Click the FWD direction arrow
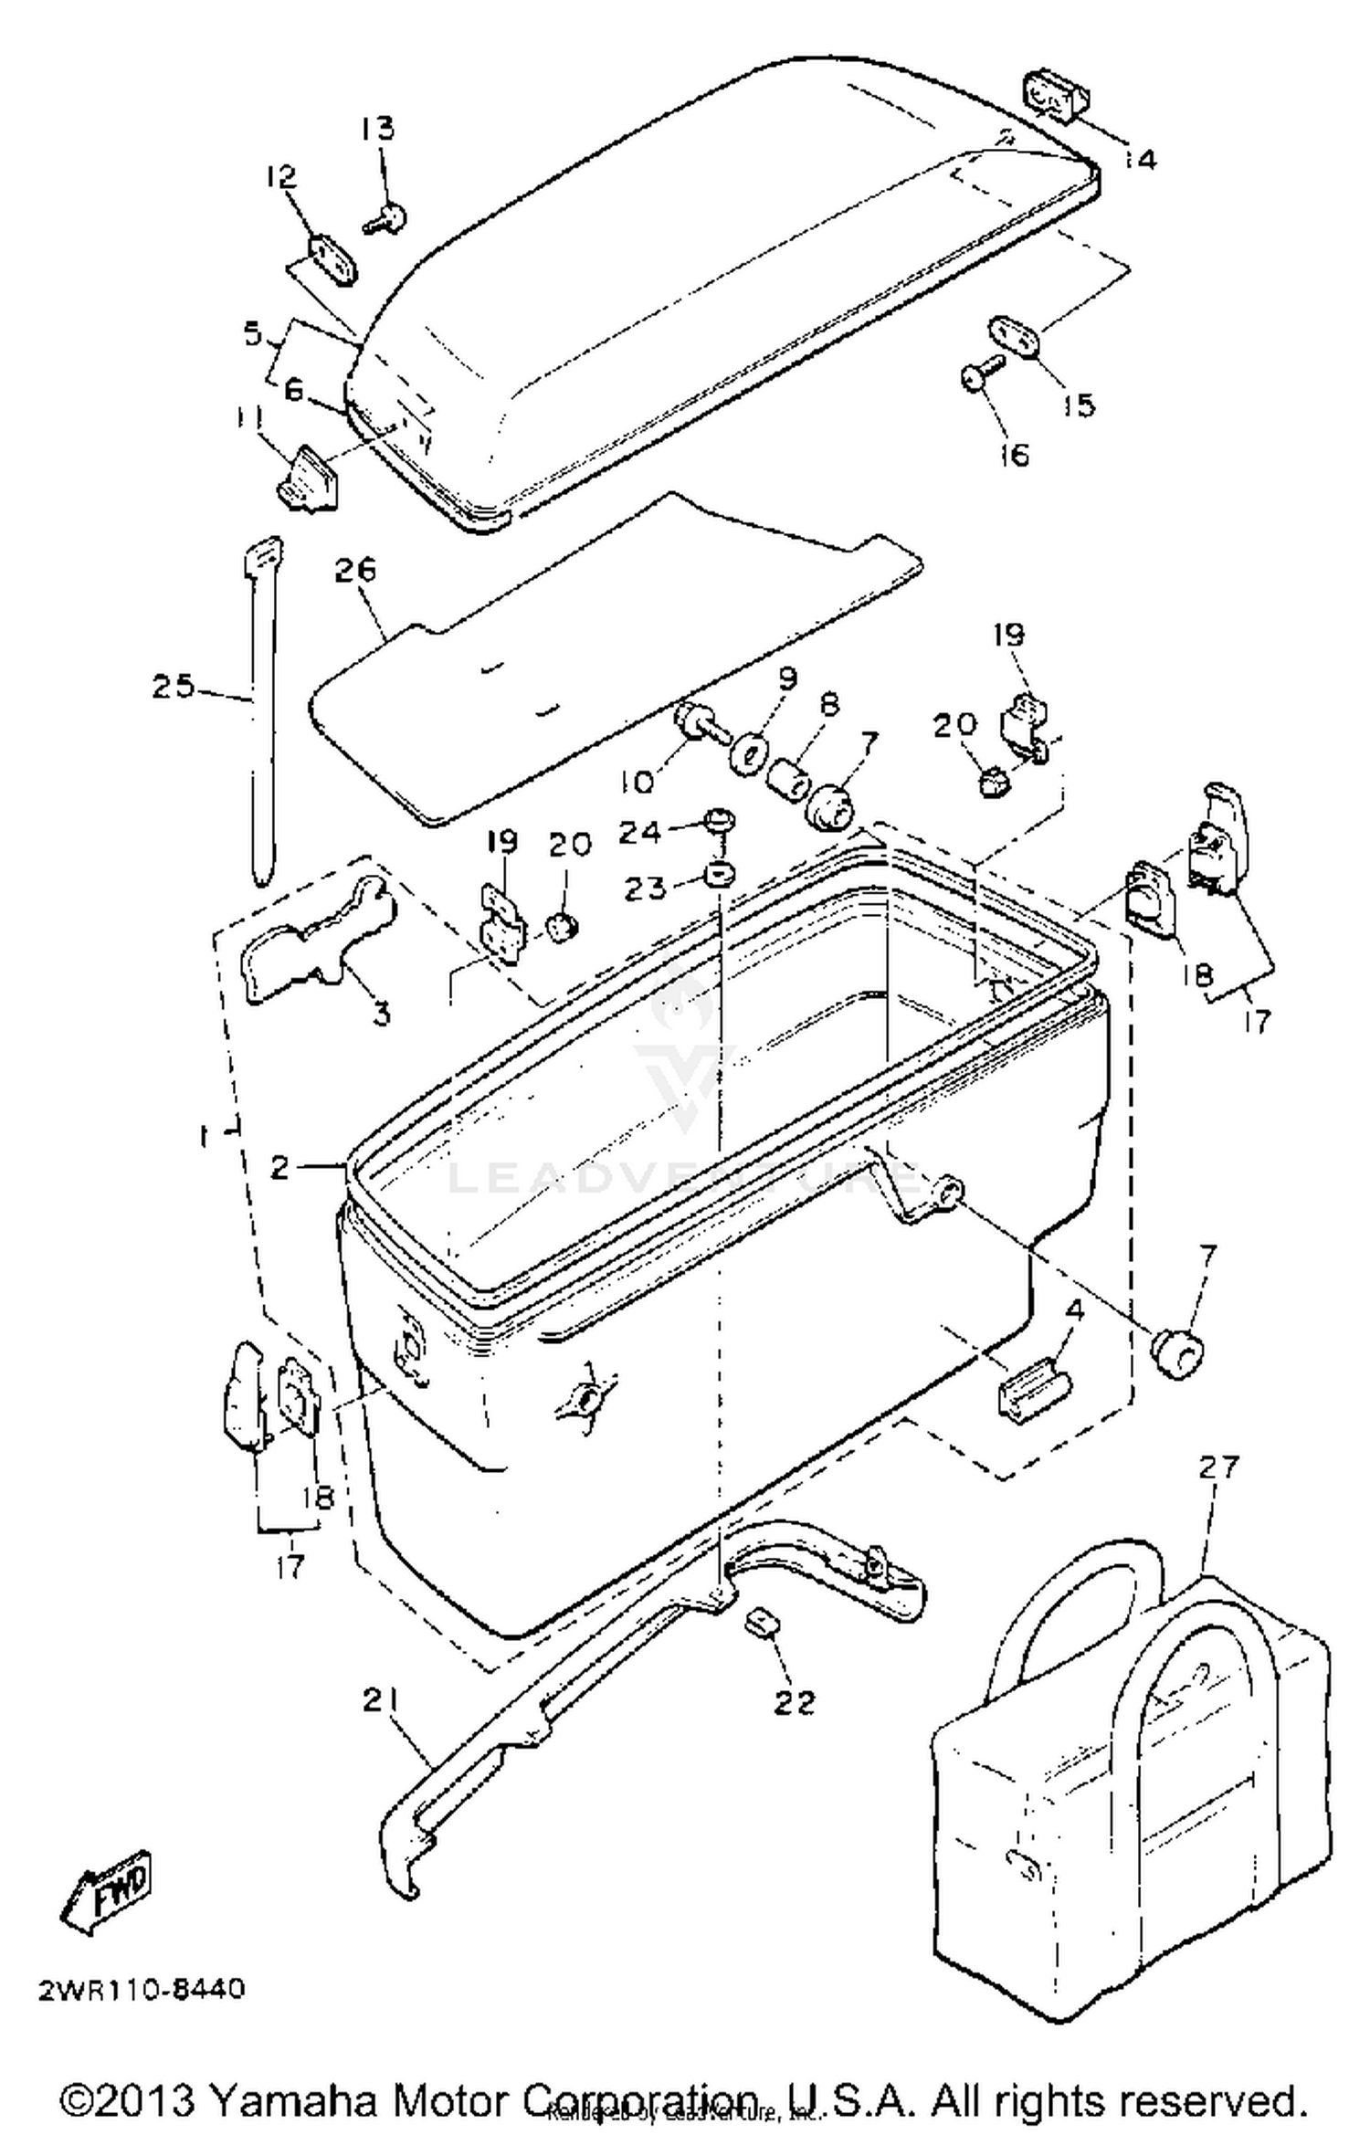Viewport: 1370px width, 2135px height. [x=108, y=1890]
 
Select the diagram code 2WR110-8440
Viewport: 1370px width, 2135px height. [x=142, y=1989]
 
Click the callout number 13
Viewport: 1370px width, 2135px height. [x=376, y=129]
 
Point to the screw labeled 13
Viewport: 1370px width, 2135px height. [x=387, y=218]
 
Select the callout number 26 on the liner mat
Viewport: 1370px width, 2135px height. [x=354, y=570]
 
